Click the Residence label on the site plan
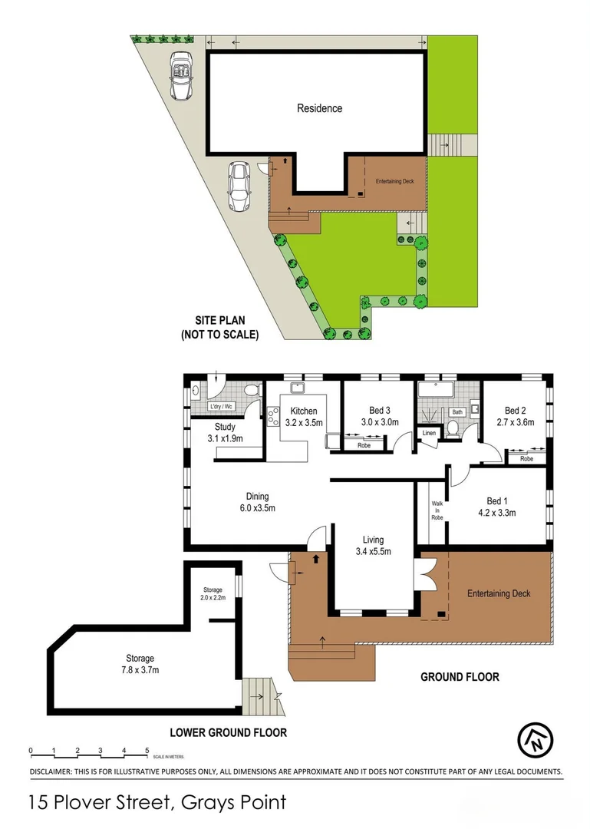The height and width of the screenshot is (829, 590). (319, 108)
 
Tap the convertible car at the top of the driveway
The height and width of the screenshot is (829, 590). (181, 76)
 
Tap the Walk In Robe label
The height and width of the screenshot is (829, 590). (437, 510)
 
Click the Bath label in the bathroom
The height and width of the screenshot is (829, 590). (458, 412)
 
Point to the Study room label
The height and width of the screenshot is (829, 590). (225, 427)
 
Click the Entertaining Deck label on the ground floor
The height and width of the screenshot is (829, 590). (499, 593)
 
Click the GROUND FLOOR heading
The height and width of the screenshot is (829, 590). (460, 677)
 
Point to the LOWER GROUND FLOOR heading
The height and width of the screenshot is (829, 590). (229, 732)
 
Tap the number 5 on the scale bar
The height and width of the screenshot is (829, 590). (147, 750)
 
